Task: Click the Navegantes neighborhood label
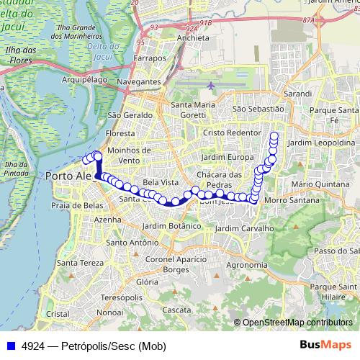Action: tap(140, 83)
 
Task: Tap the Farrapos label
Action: tap(149, 58)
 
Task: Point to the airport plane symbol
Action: tap(211, 86)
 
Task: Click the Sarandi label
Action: tap(297, 94)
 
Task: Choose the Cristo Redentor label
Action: tap(231, 133)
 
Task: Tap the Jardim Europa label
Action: tap(228, 157)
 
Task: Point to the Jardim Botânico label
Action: tap(169, 226)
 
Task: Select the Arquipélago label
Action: tap(85, 79)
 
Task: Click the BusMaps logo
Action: tap(325, 345)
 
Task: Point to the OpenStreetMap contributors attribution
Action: tap(297, 323)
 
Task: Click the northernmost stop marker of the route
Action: tap(274, 135)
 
